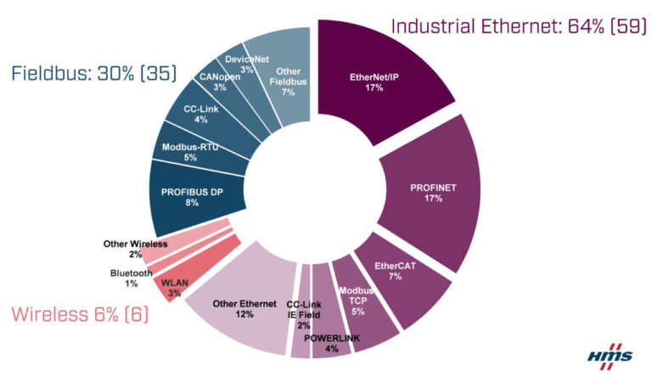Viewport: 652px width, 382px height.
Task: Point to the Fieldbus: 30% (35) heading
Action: pyautogui.click(x=93, y=73)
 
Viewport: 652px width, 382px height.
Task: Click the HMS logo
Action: pyautogui.click(x=609, y=354)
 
